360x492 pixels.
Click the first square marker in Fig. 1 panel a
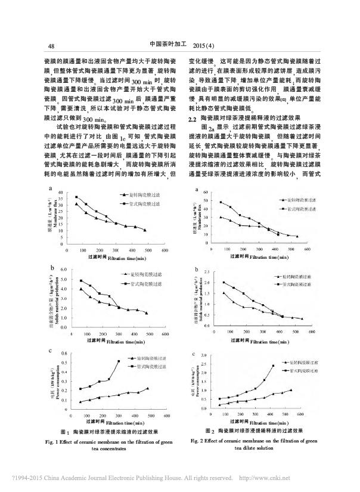(x=76, y=197)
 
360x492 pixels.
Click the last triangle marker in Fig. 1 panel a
(x=145, y=230)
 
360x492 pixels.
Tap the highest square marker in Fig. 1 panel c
(x=119, y=361)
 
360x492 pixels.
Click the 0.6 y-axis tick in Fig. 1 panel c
(x=64, y=353)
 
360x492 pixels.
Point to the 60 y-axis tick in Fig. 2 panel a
(x=206, y=192)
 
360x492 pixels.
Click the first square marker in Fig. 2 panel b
(x=224, y=282)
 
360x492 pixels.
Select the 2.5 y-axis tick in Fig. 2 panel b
(x=206, y=272)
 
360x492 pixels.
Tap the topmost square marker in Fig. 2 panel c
(x=274, y=366)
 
